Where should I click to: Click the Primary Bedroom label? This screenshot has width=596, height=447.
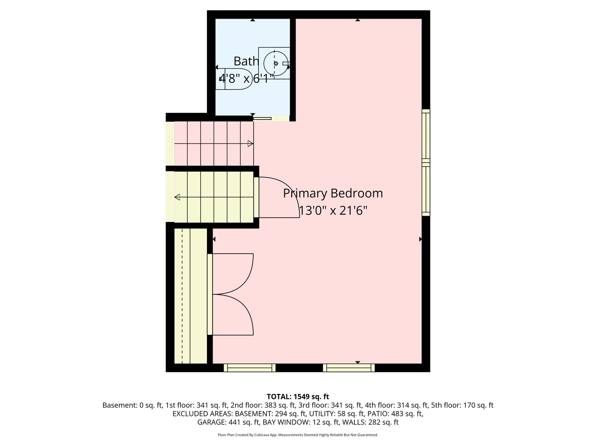point(333,193)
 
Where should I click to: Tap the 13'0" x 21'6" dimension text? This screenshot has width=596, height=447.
point(333,211)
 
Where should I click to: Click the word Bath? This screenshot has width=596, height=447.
point(246,61)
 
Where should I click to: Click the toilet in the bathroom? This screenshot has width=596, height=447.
point(234,79)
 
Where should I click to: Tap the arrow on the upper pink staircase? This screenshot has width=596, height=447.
point(250,144)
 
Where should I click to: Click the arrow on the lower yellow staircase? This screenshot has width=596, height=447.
point(178,197)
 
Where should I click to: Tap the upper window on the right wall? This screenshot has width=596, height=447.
point(426,134)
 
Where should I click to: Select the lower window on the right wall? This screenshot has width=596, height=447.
point(426,190)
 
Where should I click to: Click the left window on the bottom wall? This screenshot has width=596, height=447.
point(250,368)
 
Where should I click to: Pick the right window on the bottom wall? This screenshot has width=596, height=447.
point(349,368)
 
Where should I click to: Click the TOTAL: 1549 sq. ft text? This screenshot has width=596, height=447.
point(298,397)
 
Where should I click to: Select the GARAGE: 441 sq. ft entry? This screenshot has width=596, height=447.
point(228,422)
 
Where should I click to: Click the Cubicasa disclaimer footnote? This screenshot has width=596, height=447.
point(298,435)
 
